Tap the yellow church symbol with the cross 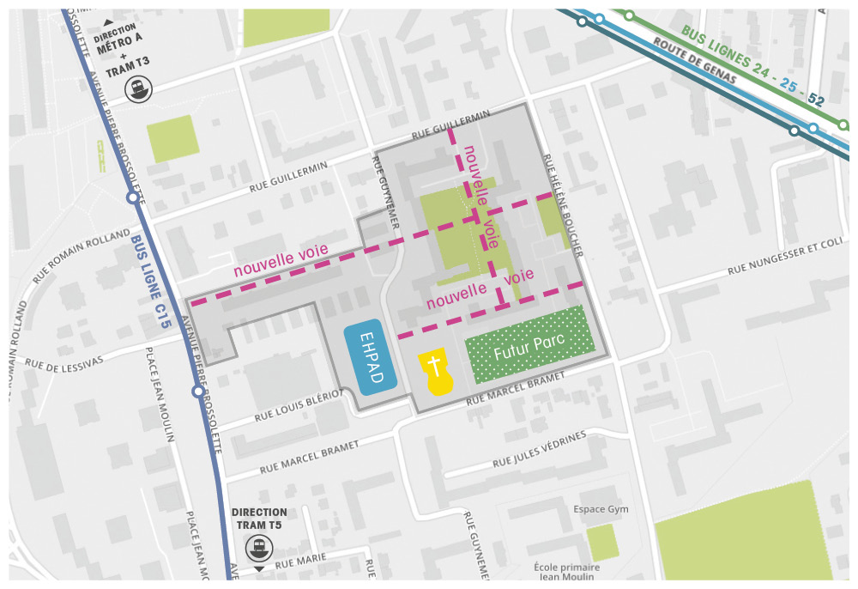pos(435,372)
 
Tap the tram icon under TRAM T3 pos(136,88)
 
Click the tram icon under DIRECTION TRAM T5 pos(258,547)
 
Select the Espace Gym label pos(601,509)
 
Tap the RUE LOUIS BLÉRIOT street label pos(299,405)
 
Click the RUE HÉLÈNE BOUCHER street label pos(563,206)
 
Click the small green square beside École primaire pos(602,542)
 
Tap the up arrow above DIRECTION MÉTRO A pos(107,21)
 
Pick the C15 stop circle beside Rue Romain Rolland pos(132,197)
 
